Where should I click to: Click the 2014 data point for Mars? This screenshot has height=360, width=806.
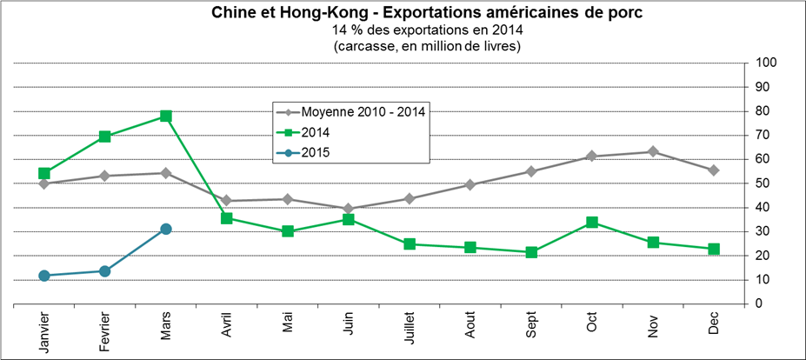click(166, 116)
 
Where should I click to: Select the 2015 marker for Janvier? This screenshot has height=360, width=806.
click(44, 276)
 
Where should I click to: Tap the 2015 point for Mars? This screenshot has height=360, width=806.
click(166, 229)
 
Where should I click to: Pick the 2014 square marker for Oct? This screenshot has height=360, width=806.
click(592, 223)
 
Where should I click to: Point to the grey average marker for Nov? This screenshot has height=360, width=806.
click(653, 152)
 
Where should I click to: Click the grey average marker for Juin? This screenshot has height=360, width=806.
click(349, 209)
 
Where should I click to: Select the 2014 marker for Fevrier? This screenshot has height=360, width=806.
click(105, 137)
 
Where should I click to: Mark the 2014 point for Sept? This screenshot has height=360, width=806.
click(531, 252)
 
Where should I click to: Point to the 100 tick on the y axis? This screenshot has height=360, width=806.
click(765, 63)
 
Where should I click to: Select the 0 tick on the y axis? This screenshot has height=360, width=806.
click(759, 303)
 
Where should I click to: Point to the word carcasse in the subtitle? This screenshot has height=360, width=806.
click(363, 46)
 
